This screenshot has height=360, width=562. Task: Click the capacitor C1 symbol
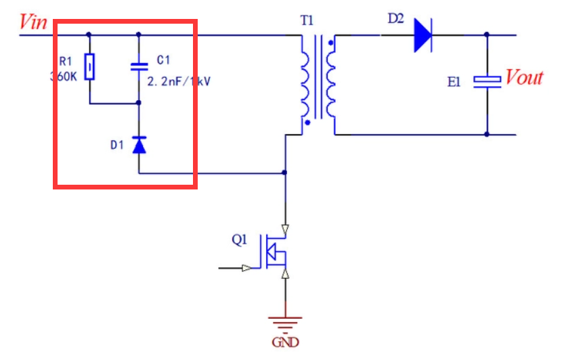[x=139, y=66]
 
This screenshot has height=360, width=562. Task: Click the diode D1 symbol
[x=139, y=144]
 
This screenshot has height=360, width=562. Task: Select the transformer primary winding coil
[x=305, y=84]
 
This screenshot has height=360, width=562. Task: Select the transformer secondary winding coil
[x=331, y=84]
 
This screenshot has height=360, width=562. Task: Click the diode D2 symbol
[x=422, y=35]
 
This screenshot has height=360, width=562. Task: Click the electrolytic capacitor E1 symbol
[x=487, y=81]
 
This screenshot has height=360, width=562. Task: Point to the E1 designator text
[x=454, y=82]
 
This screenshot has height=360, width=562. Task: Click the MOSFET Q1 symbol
[x=277, y=252]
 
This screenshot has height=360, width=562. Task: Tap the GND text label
[x=285, y=342]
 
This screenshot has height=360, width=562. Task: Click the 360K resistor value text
[x=64, y=76]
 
